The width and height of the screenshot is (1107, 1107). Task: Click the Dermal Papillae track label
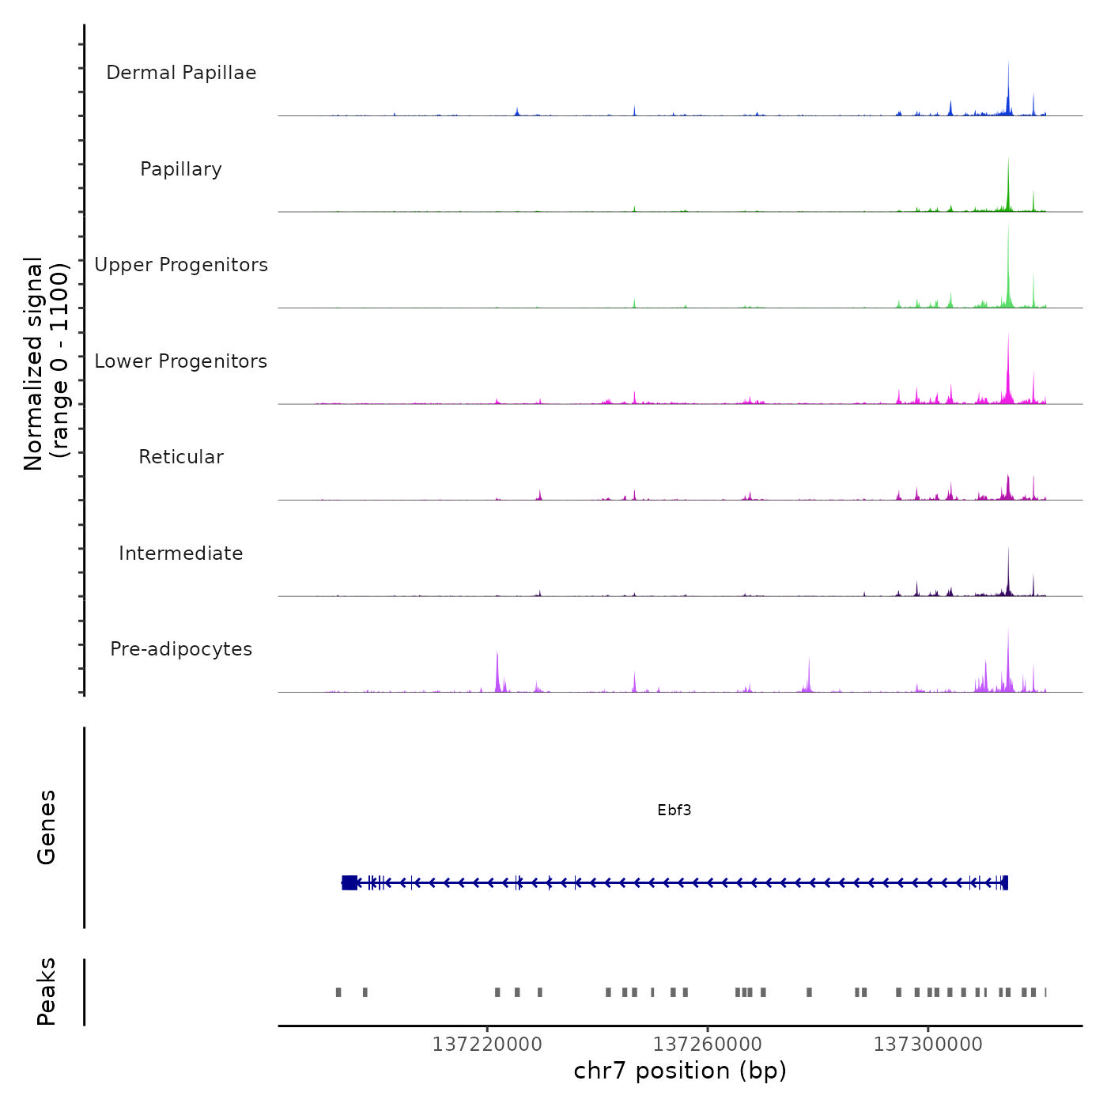pos(181,73)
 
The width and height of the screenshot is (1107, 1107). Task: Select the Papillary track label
pos(181,169)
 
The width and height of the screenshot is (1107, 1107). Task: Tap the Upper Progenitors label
pos(181,265)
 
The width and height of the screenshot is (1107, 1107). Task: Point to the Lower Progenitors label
pos(181,361)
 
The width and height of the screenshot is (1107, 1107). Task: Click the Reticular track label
pos(181,457)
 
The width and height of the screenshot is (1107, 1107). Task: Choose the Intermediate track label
pos(181,553)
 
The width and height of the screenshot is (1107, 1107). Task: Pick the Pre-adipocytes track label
pos(181,649)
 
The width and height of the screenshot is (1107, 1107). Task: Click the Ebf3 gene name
pos(674,810)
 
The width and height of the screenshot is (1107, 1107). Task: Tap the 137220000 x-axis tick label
pos(487,1045)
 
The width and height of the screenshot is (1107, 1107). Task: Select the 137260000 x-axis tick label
pos(708,1045)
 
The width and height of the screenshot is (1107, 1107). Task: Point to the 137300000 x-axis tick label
pos(928,1045)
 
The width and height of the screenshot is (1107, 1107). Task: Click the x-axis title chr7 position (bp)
pos(680,1071)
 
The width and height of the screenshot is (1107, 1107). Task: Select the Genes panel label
pos(46,827)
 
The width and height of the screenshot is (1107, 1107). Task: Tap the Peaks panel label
pos(46,992)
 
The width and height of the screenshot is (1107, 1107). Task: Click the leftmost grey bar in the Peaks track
pos(338,992)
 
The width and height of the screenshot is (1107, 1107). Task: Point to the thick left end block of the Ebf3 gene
pos(349,882)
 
